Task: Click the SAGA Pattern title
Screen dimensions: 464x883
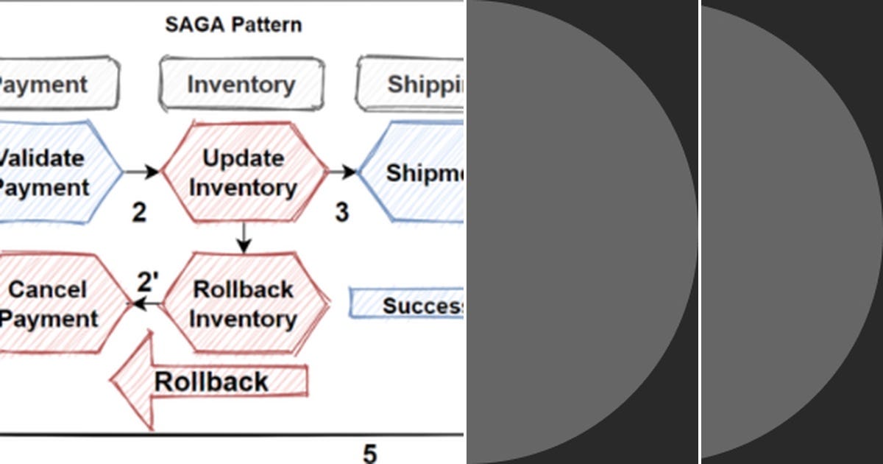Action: [233, 24]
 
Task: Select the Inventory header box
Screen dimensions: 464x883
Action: [241, 84]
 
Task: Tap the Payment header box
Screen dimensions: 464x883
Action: [52, 84]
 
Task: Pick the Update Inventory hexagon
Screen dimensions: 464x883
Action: [244, 172]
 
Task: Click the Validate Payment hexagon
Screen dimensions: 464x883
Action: [52, 172]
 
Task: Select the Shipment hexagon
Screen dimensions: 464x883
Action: [416, 172]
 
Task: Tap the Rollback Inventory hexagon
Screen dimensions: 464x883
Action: [244, 303]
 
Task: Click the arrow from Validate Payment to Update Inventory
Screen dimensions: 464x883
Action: [142, 172]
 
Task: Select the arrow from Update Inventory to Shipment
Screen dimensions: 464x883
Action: [341, 172]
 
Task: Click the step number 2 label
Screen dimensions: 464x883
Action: [139, 212]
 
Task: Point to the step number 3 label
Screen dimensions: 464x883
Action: [341, 212]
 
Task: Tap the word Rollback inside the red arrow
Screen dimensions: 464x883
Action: [211, 382]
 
